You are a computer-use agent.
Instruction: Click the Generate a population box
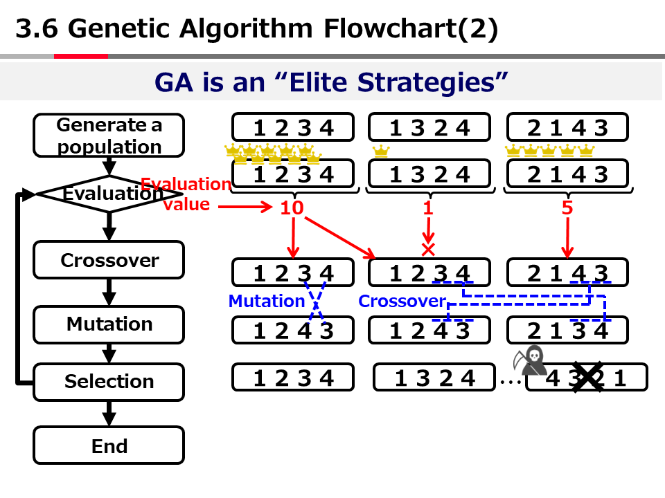109,136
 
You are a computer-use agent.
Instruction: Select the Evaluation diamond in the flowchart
109,194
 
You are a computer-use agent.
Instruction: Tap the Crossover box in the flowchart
109,260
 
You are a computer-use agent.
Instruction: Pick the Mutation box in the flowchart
109,324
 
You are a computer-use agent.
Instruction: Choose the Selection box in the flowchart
109,381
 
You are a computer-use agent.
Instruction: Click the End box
109,446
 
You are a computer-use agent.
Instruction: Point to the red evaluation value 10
292,207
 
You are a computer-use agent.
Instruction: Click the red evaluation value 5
567,207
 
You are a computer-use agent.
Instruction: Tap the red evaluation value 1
428,207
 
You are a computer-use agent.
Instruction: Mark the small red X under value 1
428,248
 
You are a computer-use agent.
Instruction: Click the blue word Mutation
266,301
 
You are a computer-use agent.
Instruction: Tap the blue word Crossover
402,301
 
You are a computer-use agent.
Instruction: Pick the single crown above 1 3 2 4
380,151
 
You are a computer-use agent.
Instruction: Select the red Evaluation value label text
186,194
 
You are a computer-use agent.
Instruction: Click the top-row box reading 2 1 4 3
567,128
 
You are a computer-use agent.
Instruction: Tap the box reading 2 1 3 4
567,331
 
